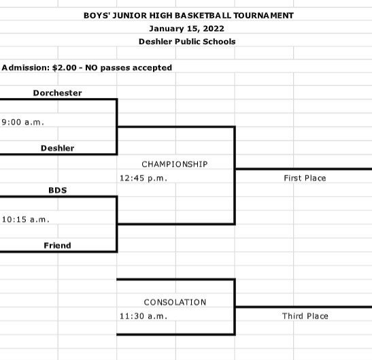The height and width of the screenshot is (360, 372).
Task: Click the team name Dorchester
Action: click(x=57, y=93)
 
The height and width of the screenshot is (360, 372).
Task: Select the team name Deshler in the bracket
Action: click(x=57, y=148)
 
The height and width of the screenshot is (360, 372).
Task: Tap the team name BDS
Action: click(x=58, y=191)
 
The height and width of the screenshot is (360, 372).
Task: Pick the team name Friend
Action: click(x=57, y=245)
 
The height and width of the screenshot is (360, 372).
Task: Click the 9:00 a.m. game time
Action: click(x=22, y=122)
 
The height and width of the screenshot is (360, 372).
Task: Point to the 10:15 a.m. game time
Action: click(x=26, y=219)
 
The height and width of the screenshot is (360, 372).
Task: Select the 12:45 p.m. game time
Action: click(x=143, y=178)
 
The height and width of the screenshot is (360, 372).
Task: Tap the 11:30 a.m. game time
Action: click(x=143, y=316)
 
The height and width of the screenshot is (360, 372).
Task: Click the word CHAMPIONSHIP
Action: click(x=175, y=164)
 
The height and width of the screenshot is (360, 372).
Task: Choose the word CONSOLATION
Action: click(x=175, y=302)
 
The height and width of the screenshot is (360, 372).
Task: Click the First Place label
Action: click(x=305, y=178)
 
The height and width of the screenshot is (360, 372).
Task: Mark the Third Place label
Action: click(x=305, y=316)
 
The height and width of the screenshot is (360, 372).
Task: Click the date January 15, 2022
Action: click(x=187, y=29)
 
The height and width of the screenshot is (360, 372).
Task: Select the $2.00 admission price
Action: click(x=65, y=67)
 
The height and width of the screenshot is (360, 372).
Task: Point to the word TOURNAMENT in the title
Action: click(x=264, y=16)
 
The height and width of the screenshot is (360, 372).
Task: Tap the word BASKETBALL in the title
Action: click(x=203, y=16)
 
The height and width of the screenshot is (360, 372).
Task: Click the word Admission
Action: click(x=26, y=67)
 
